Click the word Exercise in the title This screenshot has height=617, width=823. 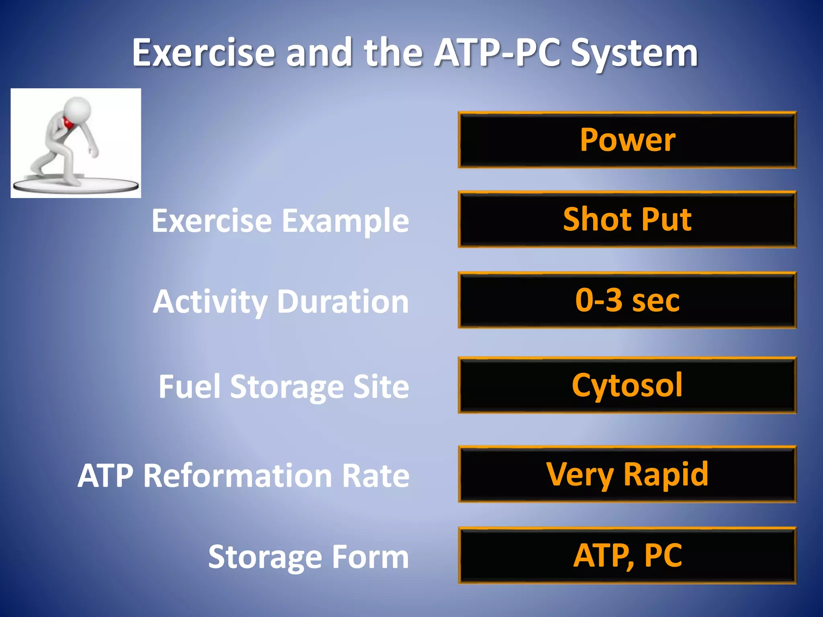pos(203,53)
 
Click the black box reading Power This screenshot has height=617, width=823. pos(627,140)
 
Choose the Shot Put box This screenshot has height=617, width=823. pos(627,219)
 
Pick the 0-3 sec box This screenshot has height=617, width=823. pos(627,300)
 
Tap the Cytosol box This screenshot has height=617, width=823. pos(627,385)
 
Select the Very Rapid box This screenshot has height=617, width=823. pos(627,474)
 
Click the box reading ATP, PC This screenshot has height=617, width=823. pos(627,556)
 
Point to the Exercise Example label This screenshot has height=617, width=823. pos(280,221)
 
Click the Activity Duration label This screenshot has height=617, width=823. pos(281,302)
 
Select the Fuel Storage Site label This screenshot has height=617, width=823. pos(284,386)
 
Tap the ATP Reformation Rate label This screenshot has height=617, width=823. pos(244,476)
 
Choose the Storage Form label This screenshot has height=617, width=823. pos(308,557)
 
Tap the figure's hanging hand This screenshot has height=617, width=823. pos(94,153)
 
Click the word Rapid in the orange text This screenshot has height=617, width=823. pos(665,474)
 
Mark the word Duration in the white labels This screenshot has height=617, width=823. pos(343,302)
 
